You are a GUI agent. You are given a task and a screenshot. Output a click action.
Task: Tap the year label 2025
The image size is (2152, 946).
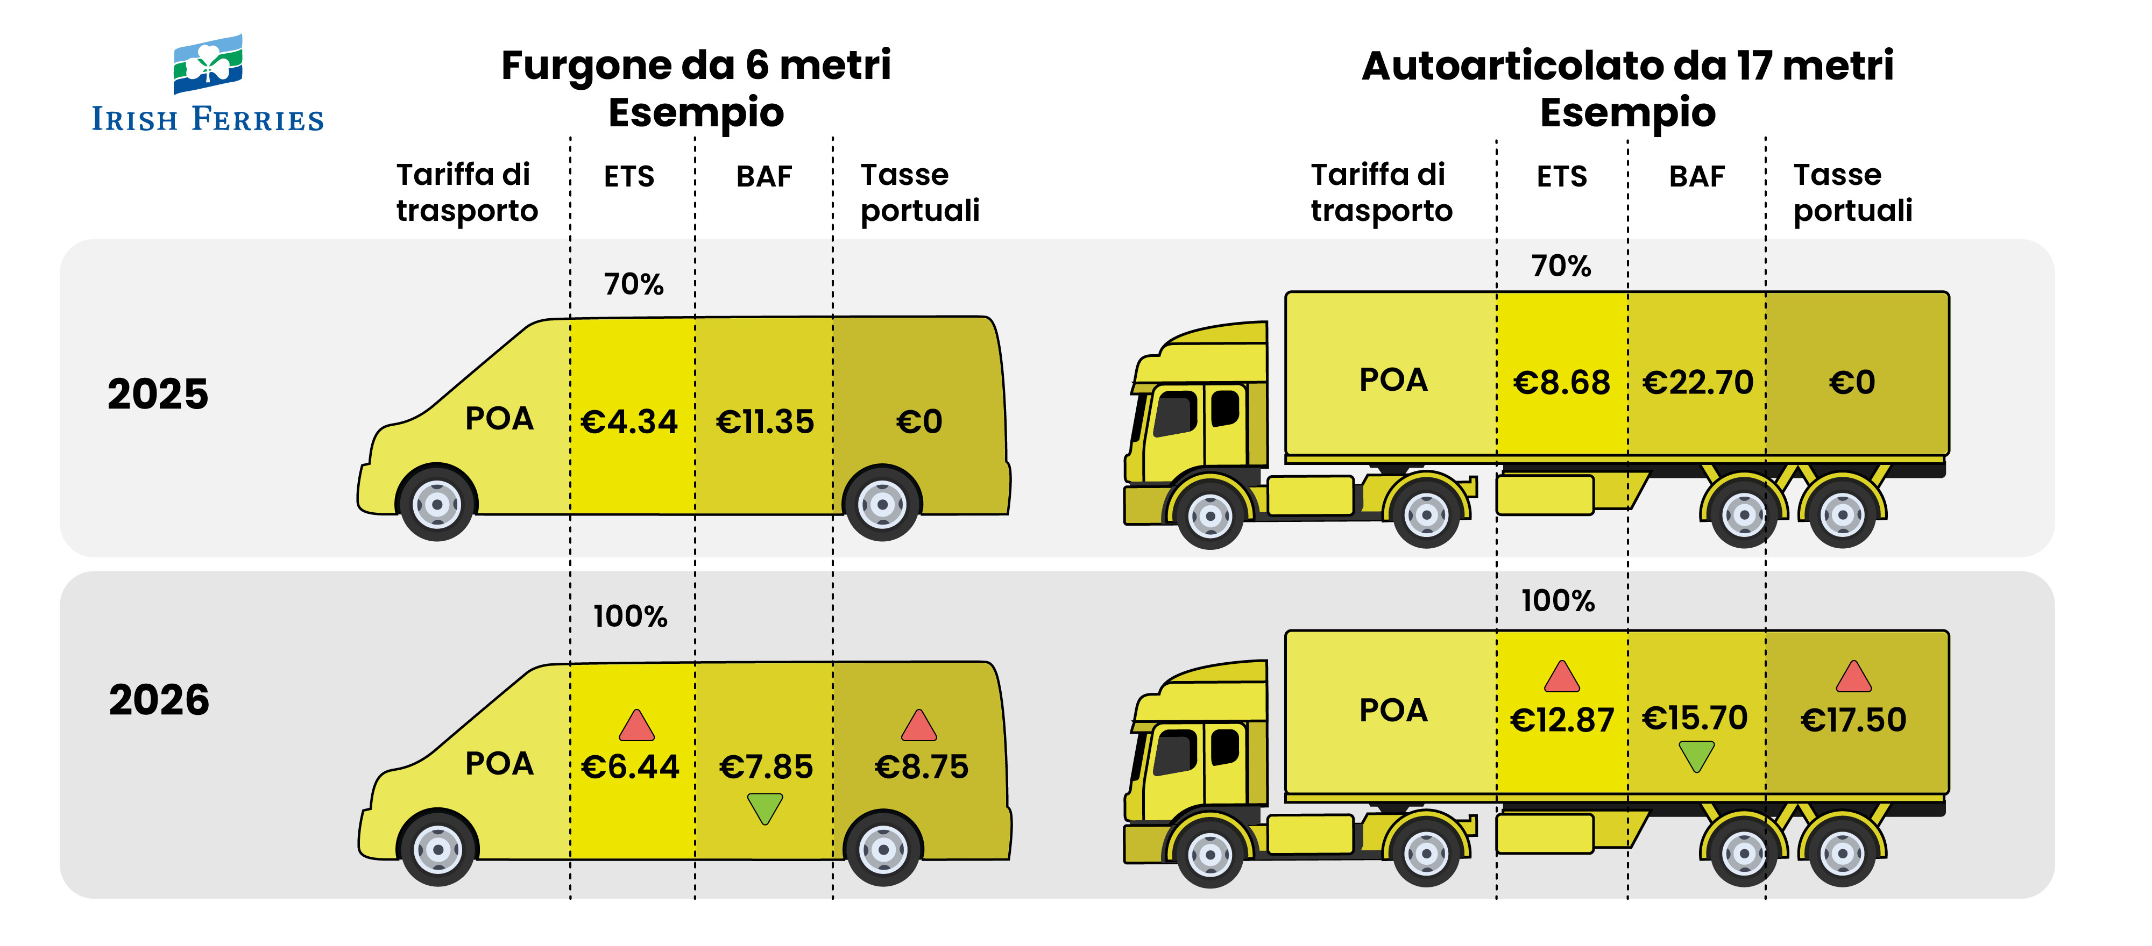tap(158, 394)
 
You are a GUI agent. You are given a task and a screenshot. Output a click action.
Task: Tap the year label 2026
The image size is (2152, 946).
tap(159, 700)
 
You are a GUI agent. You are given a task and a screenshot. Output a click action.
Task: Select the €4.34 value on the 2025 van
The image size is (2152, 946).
tap(629, 421)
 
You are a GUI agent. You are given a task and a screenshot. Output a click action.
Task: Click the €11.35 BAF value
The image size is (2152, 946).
tap(764, 421)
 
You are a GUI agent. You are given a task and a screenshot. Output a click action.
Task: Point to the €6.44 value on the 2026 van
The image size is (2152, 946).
tap(631, 766)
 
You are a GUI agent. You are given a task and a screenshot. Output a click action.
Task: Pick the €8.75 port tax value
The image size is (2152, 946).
tap(922, 766)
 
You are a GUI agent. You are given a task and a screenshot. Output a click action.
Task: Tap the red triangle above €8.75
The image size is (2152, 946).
tap(919, 726)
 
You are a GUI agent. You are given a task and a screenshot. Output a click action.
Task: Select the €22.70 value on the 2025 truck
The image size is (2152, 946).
tap(1697, 382)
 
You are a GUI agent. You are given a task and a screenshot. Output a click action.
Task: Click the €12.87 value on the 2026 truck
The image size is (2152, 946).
tap(1561, 720)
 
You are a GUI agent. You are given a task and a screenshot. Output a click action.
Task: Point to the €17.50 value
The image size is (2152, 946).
tap(1853, 720)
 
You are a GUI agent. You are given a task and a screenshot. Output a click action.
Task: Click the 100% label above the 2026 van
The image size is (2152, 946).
tap(631, 616)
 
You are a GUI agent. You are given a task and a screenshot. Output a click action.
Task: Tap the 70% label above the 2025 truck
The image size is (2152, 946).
tap(1561, 266)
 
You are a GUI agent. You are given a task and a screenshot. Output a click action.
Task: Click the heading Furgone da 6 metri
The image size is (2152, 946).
tap(696, 65)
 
